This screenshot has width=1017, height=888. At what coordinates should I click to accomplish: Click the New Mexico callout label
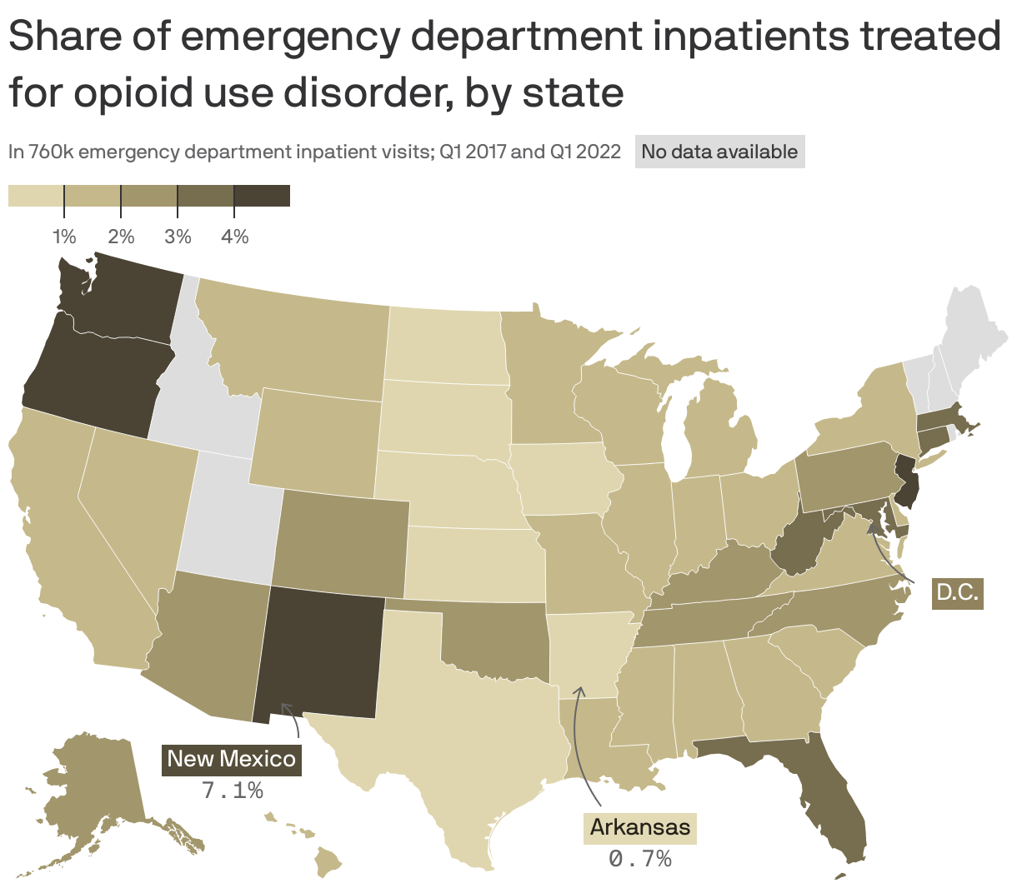pyautogui.click(x=231, y=759)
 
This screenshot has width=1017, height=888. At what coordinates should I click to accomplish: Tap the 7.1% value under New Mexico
pyautogui.click(x=233, y=790)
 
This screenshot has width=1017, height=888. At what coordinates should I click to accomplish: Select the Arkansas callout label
pyautogui.click(x=639, y=827)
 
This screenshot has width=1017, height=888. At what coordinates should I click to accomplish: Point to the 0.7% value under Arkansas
pyautogui.click(x=640, y=858)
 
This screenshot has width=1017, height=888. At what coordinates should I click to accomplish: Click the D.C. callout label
pyautogui.click(x=957, y=592)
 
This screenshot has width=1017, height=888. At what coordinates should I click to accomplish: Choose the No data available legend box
pyautogui.click(x=719, y=152)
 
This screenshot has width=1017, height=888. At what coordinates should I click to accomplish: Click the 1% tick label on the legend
pyautogui.click(x=64, y=237)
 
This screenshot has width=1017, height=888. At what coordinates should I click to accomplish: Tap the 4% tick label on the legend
pyautogui.click(x=234, y=237)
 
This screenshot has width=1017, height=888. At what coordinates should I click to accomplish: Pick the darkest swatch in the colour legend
pyautogui.click(x=262, y=196)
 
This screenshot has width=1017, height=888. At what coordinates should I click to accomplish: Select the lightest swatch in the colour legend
pyautogui.click(x=36, y=196)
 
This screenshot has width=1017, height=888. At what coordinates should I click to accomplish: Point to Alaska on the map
pyautogui.click(x=92, y=791)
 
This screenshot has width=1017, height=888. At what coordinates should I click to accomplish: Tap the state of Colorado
pyautogui.click(x=342, y=541)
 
